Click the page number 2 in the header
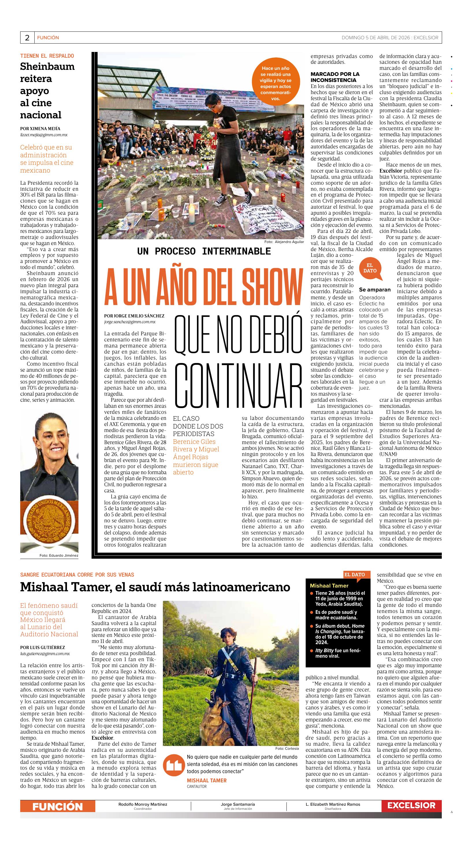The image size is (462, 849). pyautogui.click(x=27, y=38)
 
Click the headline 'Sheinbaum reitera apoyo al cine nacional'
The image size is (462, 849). pyautogui.click(x=47, y=91)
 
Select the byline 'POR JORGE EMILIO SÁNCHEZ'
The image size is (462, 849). pyautogui.click(x=134, y=316)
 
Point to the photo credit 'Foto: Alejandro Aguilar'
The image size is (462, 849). pyautogui.click(x=284, y=242)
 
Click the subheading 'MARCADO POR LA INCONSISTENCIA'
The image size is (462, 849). pyautogui.click(x=335, y=77)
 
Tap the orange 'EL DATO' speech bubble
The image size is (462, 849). pyautogui.click(x=370, y=269)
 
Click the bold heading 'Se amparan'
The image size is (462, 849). pyautogui.click(x=375, y=290)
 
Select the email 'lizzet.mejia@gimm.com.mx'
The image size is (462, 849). pyautogui.click(x=44, y=135)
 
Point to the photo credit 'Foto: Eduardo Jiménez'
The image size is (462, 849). pyautogui.click(x=59, y=555)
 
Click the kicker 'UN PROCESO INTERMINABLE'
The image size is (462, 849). pyautogui.click(x=204, y=251)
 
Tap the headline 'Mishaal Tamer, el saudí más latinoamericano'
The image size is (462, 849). pyautogui.click(x=155, y=587)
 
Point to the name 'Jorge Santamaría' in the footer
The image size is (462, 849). pyautogui.click(x=238, y=804)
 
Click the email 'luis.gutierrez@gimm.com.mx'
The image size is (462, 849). pyautogui.click(x=45, y=654)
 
